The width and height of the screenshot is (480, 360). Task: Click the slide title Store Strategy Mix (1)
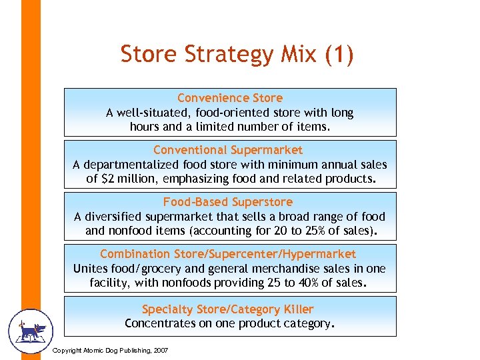click(x=237, y=55)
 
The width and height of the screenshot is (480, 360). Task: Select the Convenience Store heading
click(x=230, y=98)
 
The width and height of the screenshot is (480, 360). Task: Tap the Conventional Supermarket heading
click(x=228, y=150)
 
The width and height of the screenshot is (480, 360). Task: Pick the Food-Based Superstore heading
click(x=228, y=202)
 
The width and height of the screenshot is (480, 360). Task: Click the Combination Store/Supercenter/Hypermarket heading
click(x=228, y=254)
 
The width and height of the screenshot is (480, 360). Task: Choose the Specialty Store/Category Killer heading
click(x=228, y=309)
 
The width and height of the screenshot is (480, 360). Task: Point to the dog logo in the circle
click(x=29, y=331)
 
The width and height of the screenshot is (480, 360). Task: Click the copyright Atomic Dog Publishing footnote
click(x=110, y=351)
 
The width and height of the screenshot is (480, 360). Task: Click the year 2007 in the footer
click(x=161, y=351)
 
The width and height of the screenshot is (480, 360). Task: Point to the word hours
click(x=145, y=127)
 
